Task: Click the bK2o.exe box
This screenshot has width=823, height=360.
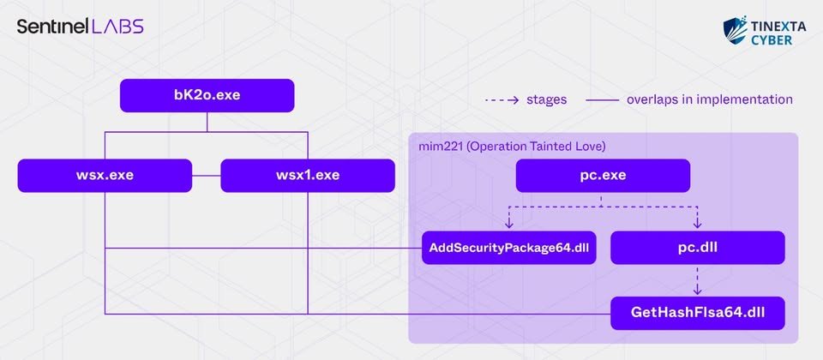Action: pyautogui.click(x=207, y=95)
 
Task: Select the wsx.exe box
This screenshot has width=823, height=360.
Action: pyautogui.click(x=105, y=175)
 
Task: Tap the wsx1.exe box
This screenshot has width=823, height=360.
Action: pyautogui.click(x=308, y=175)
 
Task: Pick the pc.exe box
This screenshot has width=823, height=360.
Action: pyautogui.click(x=603, y=175)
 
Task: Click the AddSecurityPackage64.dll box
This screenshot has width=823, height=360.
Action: pyautogui.click(x=508, y=247)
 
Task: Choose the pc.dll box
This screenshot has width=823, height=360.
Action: pyautogui.click(x=698, y=247)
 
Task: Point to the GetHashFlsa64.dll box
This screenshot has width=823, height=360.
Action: pyautogui.click(x=698, y=314)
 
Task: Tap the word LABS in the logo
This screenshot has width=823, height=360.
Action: pyautogui.click(x=117, y=27)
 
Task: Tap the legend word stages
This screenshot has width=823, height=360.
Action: pyautogui.click(x=546, y=99)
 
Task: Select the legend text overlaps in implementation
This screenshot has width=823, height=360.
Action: pyautogui.click(x=710, y=99)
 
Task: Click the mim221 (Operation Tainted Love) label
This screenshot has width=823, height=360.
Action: pyautogui.click(x=513, y=146)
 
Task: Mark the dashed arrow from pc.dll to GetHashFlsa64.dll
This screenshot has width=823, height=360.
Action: pyautogui.click(x=698, y=280)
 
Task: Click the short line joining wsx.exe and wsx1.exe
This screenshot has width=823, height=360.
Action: pyautogui.click(x=207, y=175)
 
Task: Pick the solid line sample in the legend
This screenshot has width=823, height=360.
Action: pyautogui.click(x=602, y=99)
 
